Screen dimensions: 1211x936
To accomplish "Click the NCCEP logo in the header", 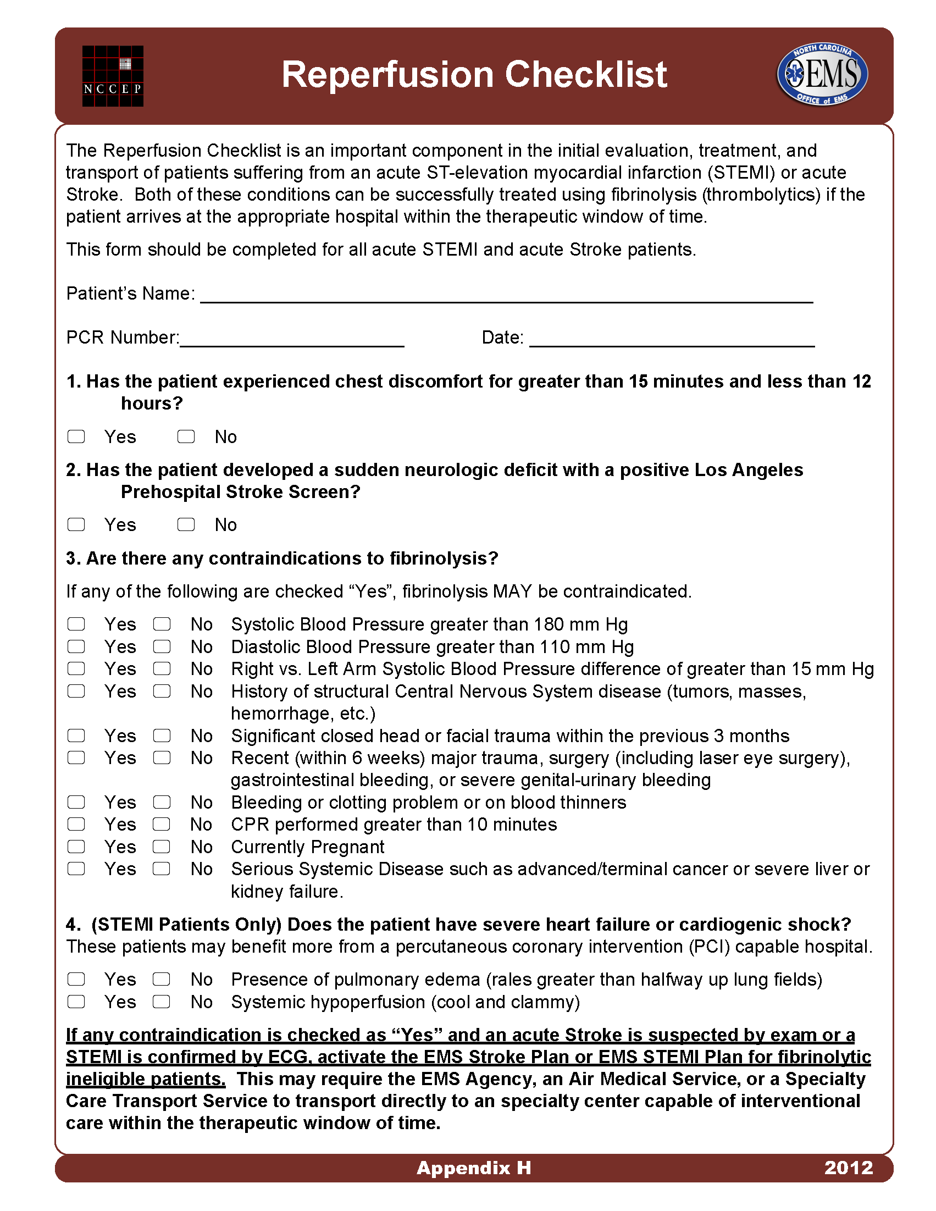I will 113,76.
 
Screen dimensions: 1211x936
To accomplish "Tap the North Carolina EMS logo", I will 822,74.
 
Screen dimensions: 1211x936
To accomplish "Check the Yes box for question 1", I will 76,437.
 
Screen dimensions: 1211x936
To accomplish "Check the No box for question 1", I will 186,437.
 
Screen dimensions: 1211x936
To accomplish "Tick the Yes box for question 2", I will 76,524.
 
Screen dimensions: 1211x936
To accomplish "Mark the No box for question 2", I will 186,524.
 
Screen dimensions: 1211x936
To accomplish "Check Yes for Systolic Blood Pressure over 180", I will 76,624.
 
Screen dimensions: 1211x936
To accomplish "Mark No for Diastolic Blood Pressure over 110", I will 162,646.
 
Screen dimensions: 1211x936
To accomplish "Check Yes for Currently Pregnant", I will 76,847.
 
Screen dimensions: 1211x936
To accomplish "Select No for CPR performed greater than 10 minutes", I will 162,825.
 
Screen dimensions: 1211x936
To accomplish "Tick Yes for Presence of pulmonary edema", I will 76,979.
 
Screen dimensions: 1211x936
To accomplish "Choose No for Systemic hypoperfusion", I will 162,1002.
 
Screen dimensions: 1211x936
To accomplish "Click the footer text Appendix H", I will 474,1168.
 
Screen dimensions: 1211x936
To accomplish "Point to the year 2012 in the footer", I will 849,1168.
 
